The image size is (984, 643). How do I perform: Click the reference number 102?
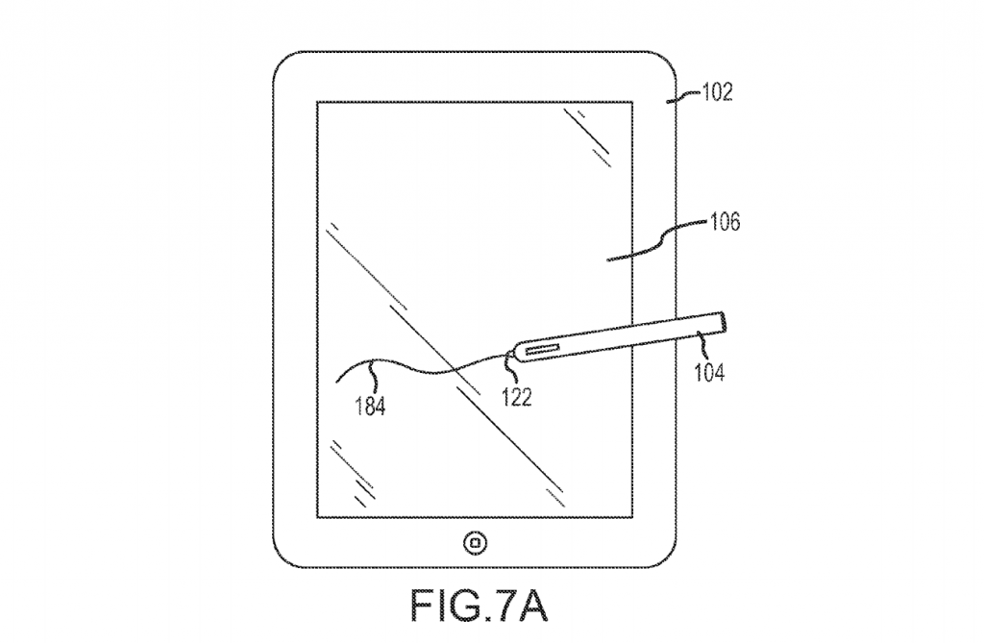pos(717,92)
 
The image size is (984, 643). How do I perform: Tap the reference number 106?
pos(725,222)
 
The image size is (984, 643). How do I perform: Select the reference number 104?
pos(709,372)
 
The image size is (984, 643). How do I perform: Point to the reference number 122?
pos(517,397)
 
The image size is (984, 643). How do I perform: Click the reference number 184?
pos(370,407)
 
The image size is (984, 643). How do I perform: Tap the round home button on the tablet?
pos(475,542)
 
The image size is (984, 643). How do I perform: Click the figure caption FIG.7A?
pos(479,605)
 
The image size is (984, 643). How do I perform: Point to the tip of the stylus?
pos(507,356)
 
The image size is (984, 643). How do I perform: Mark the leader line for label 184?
pos(376,376)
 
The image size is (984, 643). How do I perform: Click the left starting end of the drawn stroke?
pos(336,381)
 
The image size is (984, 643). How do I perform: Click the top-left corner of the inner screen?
pos(317,102)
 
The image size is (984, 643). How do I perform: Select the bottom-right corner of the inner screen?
pos(631,517)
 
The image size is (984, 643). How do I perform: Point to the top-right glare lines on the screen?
pos(587,137)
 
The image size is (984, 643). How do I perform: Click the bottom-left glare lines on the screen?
pos(353,474)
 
